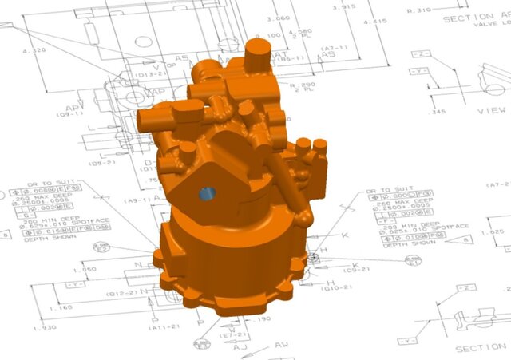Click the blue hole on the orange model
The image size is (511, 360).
(207, 194)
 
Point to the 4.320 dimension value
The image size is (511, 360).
(34, 51)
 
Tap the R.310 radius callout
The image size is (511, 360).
(419, 10)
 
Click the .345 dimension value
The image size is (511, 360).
(437, 111)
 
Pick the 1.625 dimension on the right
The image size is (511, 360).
(494, 232)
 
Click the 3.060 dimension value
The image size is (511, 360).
(278, 18)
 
